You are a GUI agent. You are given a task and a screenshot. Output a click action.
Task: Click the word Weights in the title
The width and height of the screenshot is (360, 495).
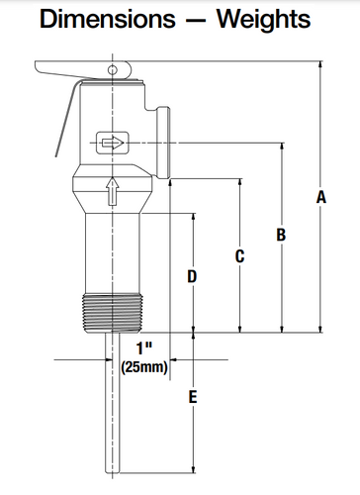[x=260, y=19]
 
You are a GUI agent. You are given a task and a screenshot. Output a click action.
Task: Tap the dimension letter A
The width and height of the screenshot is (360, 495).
[x=321, y=198]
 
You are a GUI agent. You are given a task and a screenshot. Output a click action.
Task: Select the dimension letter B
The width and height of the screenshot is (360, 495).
[x=281, y=235]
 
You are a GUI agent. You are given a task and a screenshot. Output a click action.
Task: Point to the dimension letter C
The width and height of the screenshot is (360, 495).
[x=239, y=255]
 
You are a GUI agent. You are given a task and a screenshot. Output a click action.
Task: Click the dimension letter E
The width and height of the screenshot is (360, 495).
[x=193, y=397]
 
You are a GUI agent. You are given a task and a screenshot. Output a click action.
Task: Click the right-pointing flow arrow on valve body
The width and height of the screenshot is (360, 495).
[x=112, y=145]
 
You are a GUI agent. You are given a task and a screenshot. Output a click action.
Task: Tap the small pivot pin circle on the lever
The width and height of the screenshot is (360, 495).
[x=112, y=69]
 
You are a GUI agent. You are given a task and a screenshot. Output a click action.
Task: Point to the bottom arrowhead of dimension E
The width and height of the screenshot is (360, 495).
[x=193, y=473]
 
